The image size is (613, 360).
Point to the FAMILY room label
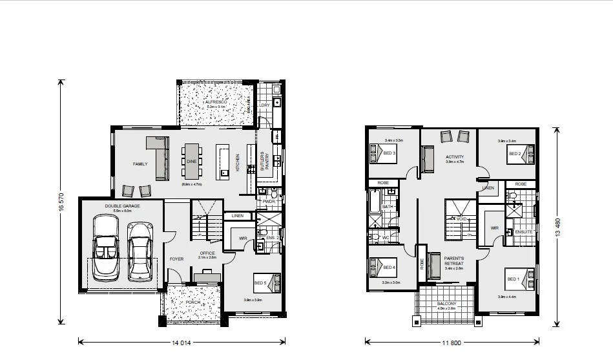pyautogui.click(x=140, y=164)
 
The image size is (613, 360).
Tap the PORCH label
pyautogui.click(x=193, y=302)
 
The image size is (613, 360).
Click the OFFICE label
pyautogui.click(x=207, y=253)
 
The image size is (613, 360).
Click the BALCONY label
pyautogui.click(x=446, y=304)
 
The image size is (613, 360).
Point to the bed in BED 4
pyautogui.click(x=380, y=267)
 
